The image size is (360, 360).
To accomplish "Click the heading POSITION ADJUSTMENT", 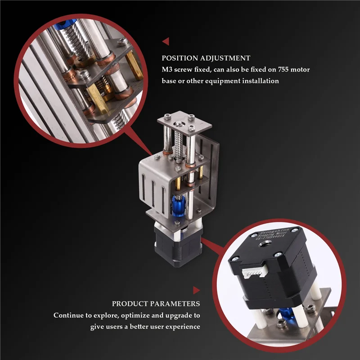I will click(206, 58).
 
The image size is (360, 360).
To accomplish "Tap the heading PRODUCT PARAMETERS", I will click(156, 304).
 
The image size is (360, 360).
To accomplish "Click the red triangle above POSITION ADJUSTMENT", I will click(166, 41).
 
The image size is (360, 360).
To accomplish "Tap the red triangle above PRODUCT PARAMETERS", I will click(196, 290).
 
